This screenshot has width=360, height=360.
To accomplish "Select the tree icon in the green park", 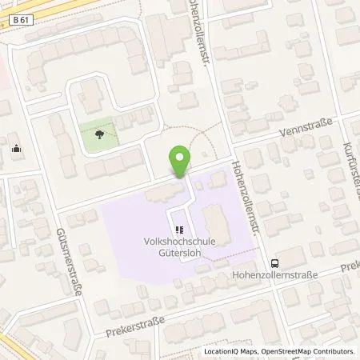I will point(99,134).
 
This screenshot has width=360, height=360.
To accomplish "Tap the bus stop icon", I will point(275,262).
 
